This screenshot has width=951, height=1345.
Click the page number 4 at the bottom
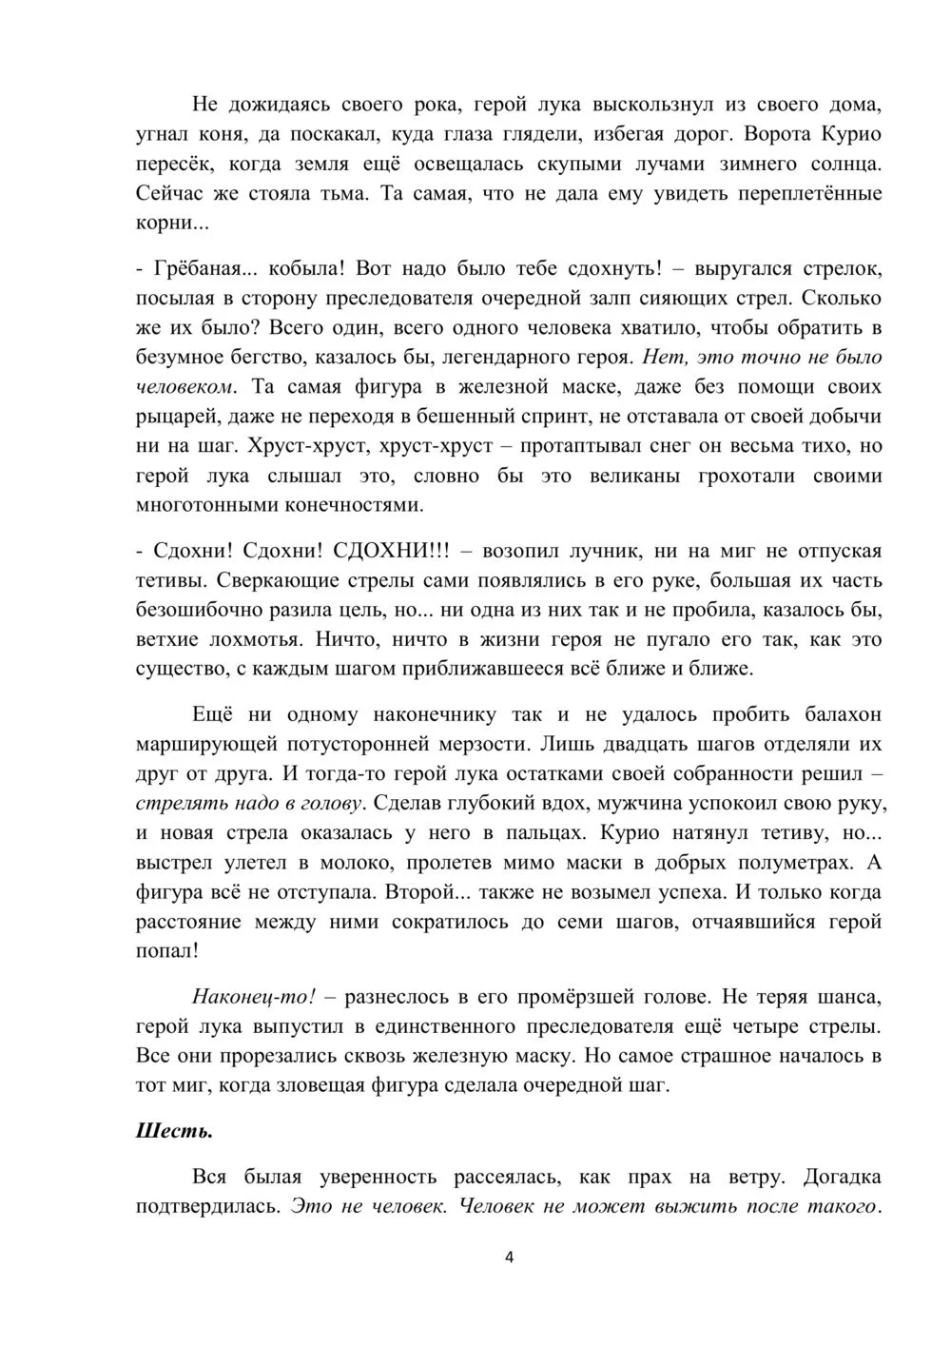pos(508,1257)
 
